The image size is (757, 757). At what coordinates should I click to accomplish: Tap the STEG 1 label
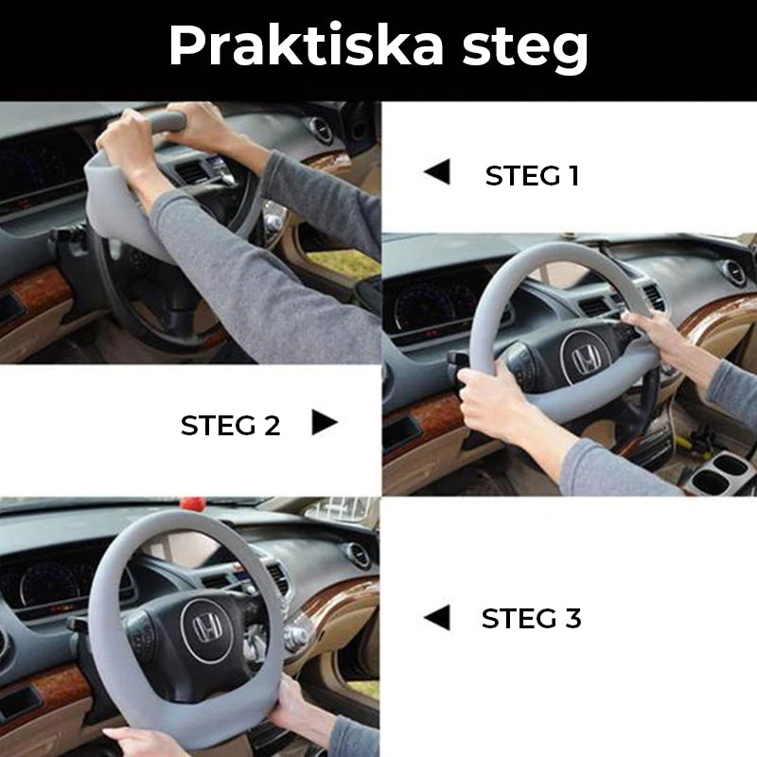tap(532, 176)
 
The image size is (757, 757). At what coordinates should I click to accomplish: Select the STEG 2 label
tap(231, 425)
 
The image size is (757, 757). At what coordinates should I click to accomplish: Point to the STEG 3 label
tap(532, 619)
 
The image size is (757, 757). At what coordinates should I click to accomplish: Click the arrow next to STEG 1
tap(437, 172)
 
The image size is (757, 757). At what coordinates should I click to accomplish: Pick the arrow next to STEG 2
tap(324, 423)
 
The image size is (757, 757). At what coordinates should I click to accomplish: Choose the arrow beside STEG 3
tap(437, 618)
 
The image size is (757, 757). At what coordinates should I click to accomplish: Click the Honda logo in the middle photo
tap(587, 361)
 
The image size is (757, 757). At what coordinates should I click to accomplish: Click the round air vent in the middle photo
tap(733, 272)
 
